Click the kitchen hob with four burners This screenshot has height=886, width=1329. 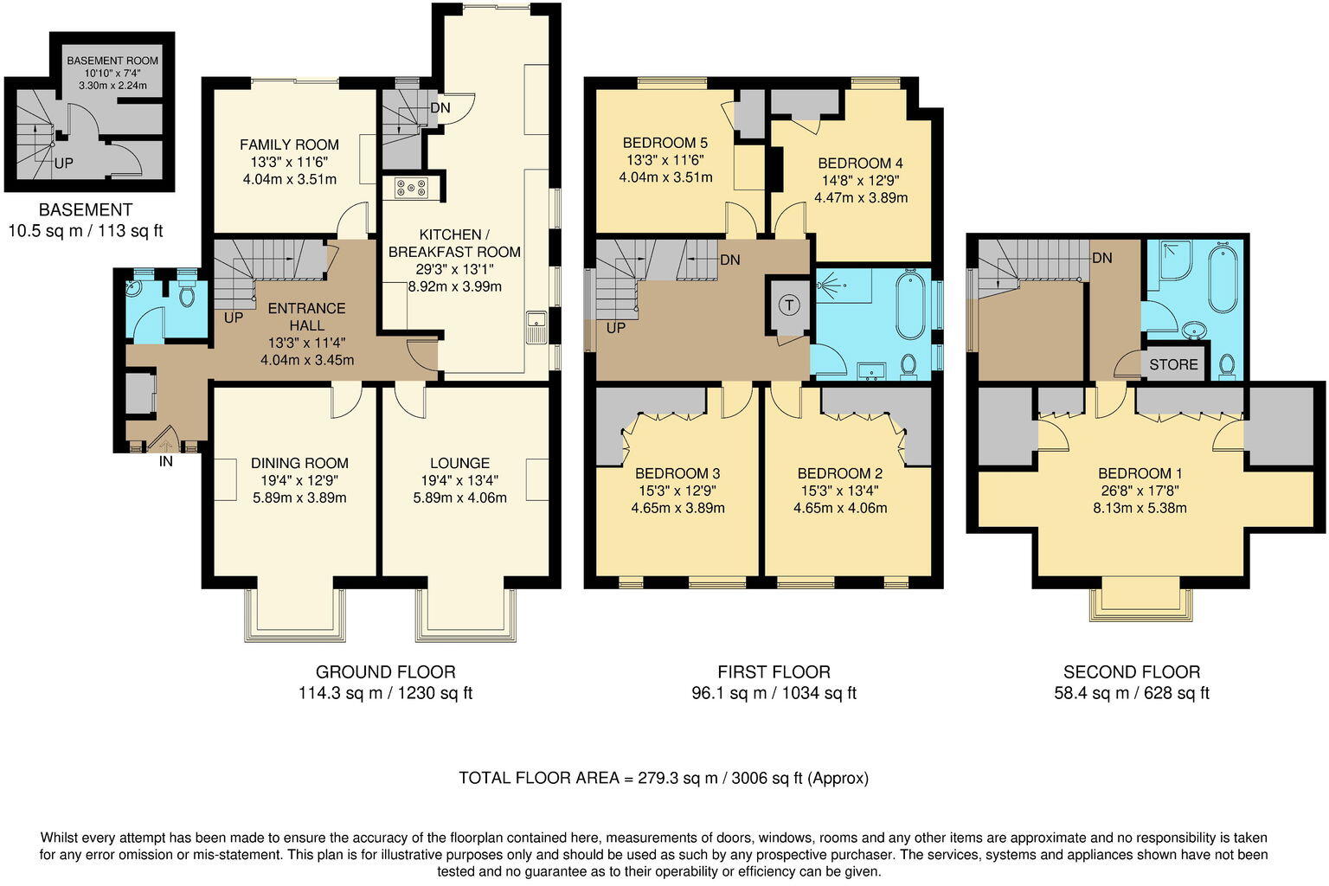[x=411, y=188]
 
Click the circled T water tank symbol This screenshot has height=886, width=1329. [x=788, y=305]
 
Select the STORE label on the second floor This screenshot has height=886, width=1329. [x=1173, y=364]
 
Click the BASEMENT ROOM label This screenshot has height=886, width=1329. [x=112, y=61]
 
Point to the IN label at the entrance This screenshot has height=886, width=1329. [x=166, y=462]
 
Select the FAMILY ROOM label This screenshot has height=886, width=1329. [x=289, y=144]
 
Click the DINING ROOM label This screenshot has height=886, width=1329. [x=299, y=463]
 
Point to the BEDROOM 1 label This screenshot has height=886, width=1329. [x=1140, y=473]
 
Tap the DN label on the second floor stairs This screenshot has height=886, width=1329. [x=1101, y=258]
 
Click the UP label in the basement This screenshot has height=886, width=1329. [x=64, y=163]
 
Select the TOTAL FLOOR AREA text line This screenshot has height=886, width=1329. [x=664, y=778]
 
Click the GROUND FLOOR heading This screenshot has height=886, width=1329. [x=385, y=671]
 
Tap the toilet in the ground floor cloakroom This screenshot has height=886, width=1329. [x=186, y=294]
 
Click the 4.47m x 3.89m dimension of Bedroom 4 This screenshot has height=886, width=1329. [x=860, y=197]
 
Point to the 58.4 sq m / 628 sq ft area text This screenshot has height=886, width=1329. [x=1131, y=693]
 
